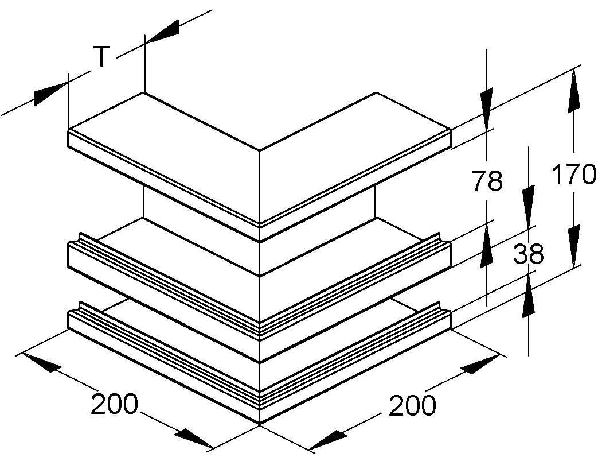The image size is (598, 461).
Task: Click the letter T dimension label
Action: pyautogui.click(x=102, y=56)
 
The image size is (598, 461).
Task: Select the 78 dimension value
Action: pyautogui.click(x=487, y=181)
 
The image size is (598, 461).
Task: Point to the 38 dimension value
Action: pyautogui.click(x=529, y=254)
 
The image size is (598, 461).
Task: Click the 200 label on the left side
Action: pyautogui.click(x=115, y=404)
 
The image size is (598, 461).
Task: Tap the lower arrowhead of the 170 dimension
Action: pyautogui.click(x=574, y=246)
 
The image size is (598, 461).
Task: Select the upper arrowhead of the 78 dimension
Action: pyautogui.click(x=487, y=109)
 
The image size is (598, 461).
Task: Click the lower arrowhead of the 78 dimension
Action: pyautogui.click(x=487, y=245)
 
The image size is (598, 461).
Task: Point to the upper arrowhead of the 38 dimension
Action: pyautogui.click(x=529, y=206)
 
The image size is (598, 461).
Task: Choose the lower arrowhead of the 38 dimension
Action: pyautogui.click(x=529, y=296)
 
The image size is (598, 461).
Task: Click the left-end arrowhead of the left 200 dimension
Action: pyautogui.click(x=42, y=363)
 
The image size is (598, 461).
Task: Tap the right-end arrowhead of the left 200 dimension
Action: pyautogui.click(x=194, y=439)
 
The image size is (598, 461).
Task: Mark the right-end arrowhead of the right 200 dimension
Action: pyautogui.click(x=480, y=365)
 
